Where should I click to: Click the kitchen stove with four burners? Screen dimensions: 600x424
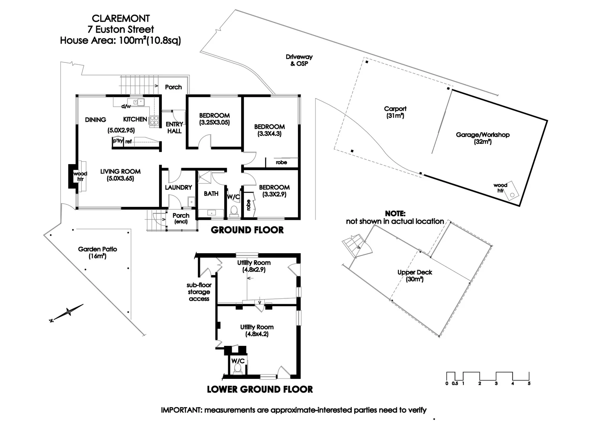click(x=154, y=121)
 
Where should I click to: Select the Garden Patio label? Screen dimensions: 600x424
click(x=97, y=252)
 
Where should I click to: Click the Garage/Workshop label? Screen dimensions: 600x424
click(x=483, y=138)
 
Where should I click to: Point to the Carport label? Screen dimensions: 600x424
click(x=395, y=112)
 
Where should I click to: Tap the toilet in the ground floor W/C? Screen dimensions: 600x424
click(x=234, y=211)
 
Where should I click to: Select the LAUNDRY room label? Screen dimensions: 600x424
click(x=178, y=188)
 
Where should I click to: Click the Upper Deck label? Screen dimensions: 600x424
click(x=415, y=276)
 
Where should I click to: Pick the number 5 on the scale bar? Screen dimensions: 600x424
click(x=529, y=384)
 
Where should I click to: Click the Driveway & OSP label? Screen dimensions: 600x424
click(x=299, y=60)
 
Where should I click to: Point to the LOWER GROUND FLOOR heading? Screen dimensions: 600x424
click(x=260, y=389)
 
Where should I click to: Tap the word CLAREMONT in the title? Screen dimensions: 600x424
click(x=121, y=18)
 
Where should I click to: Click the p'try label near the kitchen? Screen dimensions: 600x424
click(x=117, y=140)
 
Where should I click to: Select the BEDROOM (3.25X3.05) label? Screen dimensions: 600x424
click(x=214, y=119)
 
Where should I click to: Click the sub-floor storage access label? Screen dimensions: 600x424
click(x=199, y=292)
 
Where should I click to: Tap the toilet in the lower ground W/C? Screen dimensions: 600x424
click(x=238, y=369)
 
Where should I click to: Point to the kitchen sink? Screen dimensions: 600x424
click(x=138, y=102)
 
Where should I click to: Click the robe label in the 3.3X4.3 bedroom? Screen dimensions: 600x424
click(x=281, y=162)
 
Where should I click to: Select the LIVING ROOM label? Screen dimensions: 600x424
click(x=120, y=175)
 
